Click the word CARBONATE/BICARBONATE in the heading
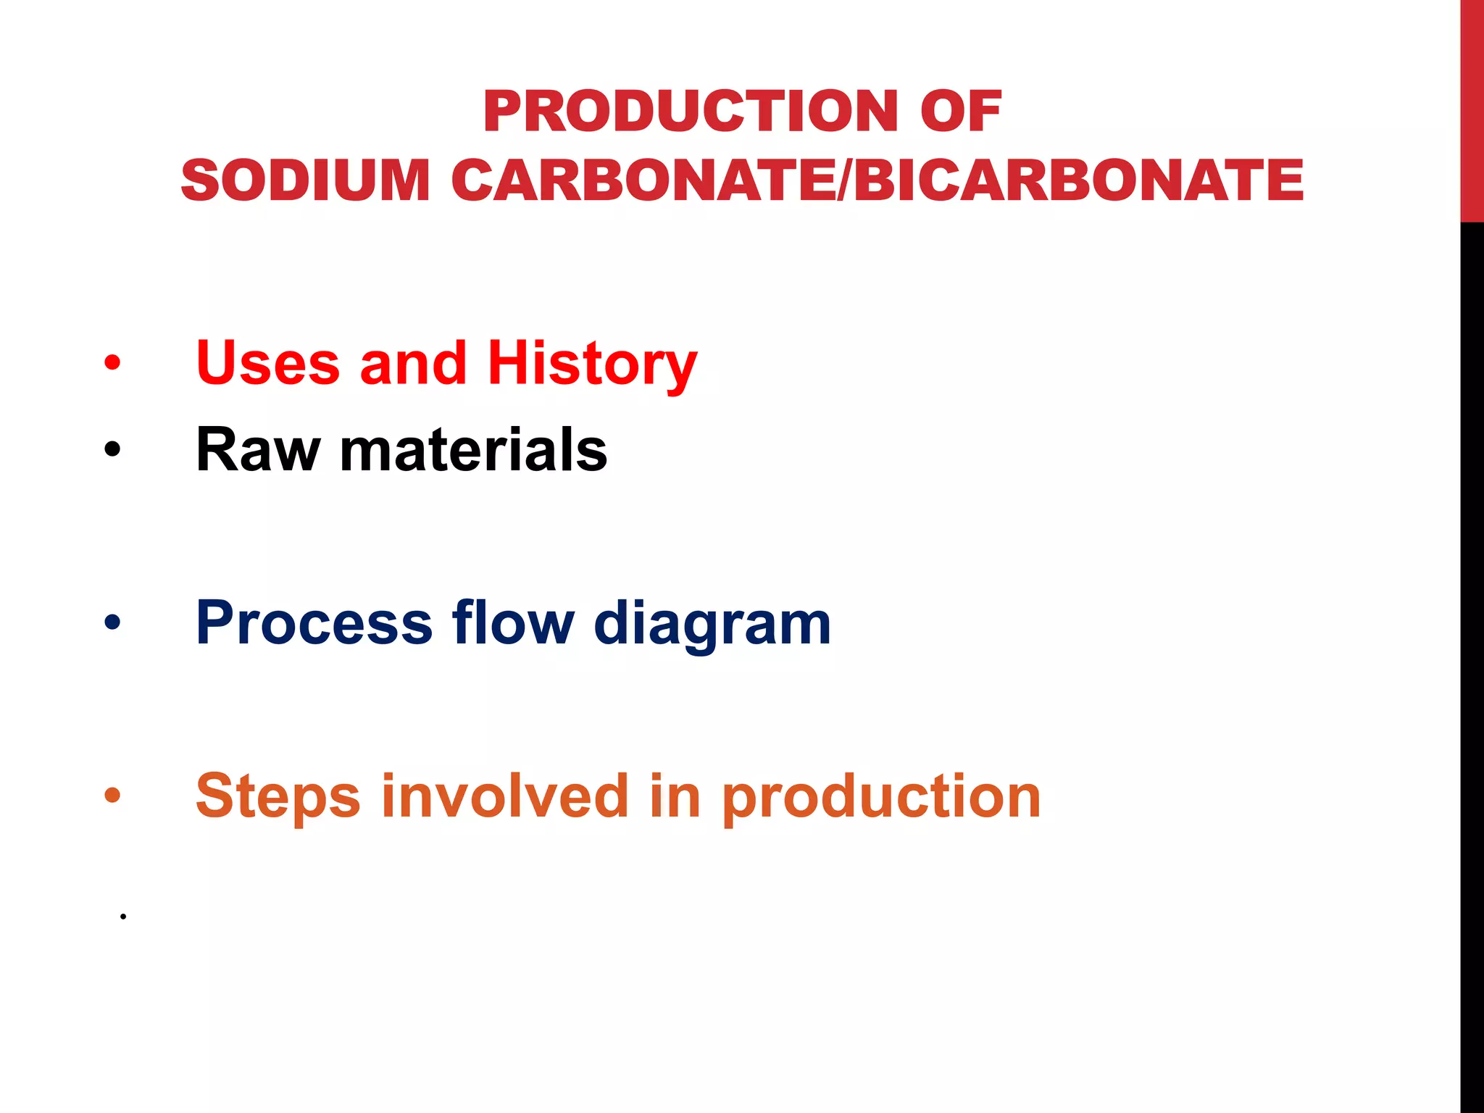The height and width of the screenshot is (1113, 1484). click(877, 180)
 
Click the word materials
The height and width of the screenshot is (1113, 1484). click(474, 450)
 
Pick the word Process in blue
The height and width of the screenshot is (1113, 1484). click(314, 623)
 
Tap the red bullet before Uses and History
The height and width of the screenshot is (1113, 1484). click(112, 362)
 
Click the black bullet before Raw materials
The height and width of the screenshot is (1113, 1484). click(112, 450)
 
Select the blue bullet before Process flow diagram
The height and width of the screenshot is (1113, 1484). click(112, 622)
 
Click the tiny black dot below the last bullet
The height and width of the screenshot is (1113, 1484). click(123, 917)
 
